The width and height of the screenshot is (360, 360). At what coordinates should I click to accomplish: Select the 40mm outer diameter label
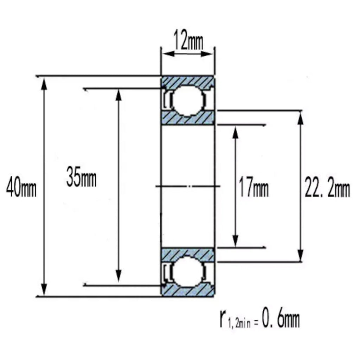click(21, 188)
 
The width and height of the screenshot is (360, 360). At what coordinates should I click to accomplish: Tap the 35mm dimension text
click(81, 177)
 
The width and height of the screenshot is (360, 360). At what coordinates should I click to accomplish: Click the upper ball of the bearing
click(188, 101)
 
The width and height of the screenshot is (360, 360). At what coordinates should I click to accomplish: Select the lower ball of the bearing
click(188, 272)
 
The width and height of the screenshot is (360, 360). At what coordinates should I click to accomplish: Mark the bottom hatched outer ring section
click(188, 290)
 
